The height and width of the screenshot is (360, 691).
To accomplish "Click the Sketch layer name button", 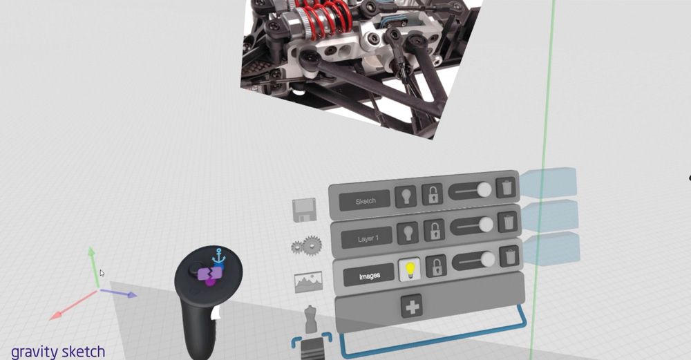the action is [x=364, y=201].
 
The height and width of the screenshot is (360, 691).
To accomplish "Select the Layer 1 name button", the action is [x=367, y=238].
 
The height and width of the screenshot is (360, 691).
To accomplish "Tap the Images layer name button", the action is [x=369, y=276].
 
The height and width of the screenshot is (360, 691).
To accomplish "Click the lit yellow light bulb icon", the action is [x=410, y=269].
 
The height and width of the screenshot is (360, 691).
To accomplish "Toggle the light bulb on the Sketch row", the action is [x=406, y=196].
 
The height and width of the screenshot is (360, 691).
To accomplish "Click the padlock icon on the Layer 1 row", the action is [x=434, y=230].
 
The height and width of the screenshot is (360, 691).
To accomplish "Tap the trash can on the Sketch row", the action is [x=506, y=188].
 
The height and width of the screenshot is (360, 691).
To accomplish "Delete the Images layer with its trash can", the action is [x=510, y=256].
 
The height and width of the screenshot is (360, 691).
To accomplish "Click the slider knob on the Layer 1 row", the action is [x=486, y=225].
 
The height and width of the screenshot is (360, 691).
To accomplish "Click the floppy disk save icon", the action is [x=305, y=210].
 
